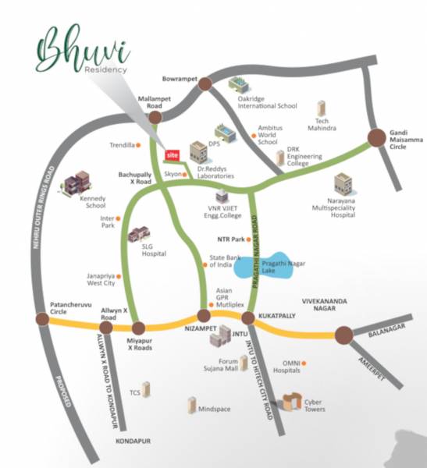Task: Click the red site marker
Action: pos(173,154)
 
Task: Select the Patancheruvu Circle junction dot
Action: pos(41,318)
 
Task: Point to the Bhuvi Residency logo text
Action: pos(82,51)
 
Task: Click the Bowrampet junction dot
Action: pos(205,82)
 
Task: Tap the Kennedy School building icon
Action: pos(77,183)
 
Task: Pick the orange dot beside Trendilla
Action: pos(138,145)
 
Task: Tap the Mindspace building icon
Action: pos(190,404)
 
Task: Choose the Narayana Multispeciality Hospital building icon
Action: pos(343,184)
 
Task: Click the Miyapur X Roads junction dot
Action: pos(139,328)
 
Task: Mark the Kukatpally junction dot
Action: pos(249,318)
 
